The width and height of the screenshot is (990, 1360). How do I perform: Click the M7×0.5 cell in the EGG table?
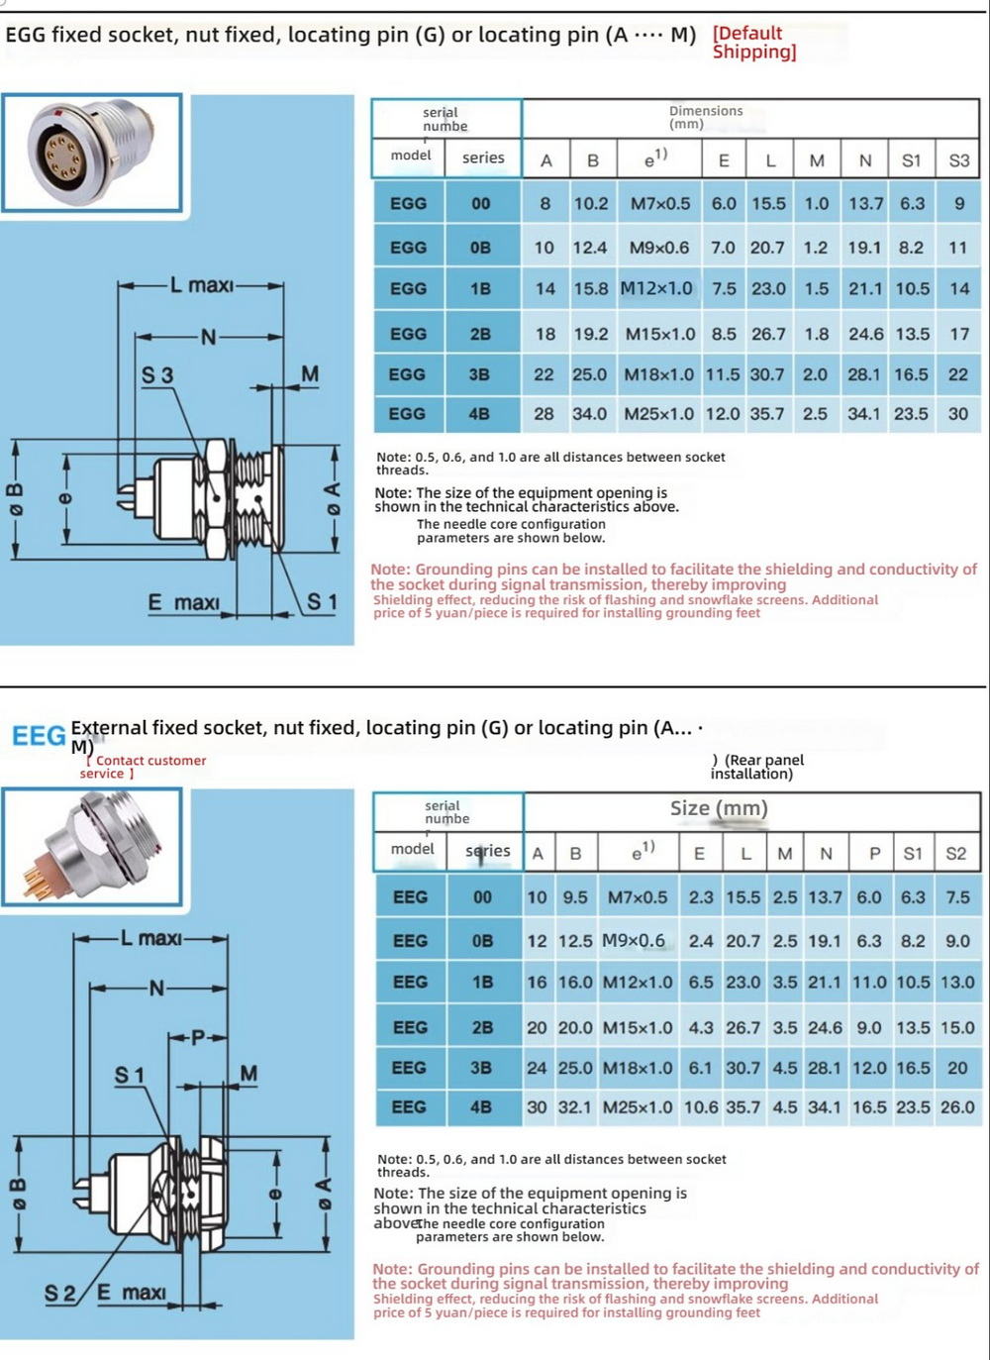[660, 203]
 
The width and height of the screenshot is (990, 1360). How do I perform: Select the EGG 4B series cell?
[479, 414]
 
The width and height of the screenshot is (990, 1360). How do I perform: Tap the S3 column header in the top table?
[958, 160]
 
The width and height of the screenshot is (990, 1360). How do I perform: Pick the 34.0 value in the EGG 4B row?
[590, 414]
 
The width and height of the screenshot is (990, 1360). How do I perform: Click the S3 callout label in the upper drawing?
[156, 375]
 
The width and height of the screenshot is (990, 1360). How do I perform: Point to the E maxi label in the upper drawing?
[183, 602]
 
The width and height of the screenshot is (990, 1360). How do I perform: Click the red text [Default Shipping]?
[753, 43]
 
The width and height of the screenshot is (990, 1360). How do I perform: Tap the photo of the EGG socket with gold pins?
[91, 153]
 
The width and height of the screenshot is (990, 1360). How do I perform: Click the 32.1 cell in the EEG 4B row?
[574, 1107]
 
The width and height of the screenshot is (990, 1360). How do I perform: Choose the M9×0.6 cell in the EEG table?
[634, 940]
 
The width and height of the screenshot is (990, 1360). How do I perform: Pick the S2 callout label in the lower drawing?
[60, 1293]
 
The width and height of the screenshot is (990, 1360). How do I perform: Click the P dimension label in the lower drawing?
[197, 1038]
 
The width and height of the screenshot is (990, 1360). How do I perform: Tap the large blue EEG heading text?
[39, 736]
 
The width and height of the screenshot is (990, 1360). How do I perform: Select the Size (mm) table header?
[719, 808]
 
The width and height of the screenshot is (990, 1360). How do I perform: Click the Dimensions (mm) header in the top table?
[705, 117]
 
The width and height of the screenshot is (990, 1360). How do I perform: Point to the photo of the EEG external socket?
[91, 848]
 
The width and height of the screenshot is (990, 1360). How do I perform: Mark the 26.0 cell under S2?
[957, 1107]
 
